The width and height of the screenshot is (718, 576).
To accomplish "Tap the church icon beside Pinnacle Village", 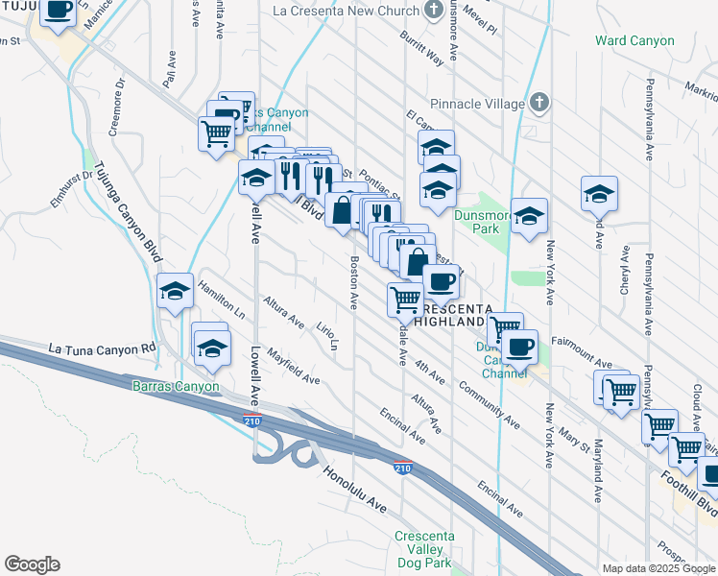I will point(539,103).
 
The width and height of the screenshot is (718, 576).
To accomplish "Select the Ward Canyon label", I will point(634,41).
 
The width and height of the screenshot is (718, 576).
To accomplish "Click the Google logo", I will point(32,564).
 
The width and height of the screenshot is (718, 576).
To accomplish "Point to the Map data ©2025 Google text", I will point(659,568).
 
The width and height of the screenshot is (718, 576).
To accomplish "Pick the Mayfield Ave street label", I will point(294,366).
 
